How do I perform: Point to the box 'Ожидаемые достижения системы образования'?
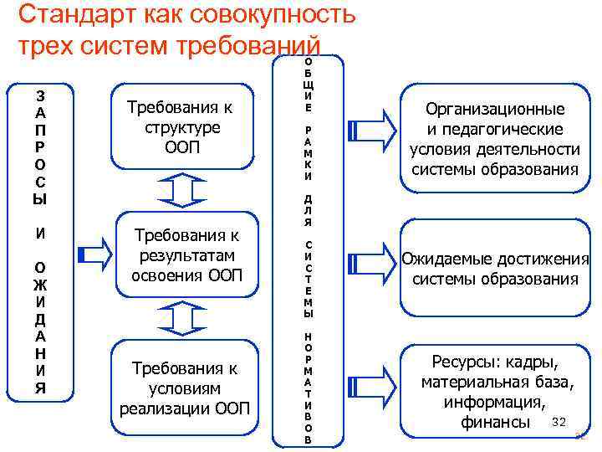click(495, 269)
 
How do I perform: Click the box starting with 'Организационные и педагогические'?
click(495, 139)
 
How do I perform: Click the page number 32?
click(560, 420)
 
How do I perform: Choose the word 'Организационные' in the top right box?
click(495, 109)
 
